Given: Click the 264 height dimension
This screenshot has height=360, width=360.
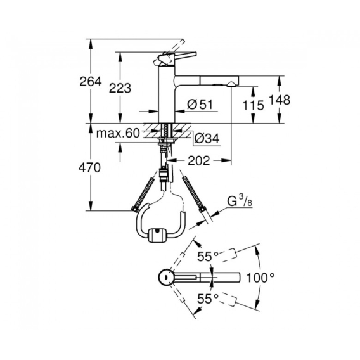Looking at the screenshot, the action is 90,82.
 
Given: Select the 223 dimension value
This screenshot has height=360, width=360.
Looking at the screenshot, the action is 120,88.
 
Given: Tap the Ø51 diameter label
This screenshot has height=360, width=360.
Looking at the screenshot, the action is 200,105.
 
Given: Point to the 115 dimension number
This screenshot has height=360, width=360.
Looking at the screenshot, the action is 254,105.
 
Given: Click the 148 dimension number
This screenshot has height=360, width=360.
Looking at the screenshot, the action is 279,100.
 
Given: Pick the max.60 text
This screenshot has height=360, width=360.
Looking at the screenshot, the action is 118,133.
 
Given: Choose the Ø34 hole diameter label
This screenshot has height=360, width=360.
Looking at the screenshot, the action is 207,138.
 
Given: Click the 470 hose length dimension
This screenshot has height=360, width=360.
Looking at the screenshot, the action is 89,167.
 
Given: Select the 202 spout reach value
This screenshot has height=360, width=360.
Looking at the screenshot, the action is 199,161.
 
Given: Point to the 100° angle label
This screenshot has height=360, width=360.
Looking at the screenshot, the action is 260,278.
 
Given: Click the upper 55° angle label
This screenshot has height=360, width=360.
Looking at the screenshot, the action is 208,257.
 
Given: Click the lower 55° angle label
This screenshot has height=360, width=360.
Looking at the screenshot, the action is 208,299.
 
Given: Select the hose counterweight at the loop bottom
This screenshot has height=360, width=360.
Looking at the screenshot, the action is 157,235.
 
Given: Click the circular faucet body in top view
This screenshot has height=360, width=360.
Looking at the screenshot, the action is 165,278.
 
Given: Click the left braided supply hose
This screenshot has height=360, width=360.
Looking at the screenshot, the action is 143,193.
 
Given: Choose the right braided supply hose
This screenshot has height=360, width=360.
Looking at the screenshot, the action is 193,193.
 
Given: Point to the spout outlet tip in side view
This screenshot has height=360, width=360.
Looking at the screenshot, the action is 230,85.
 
